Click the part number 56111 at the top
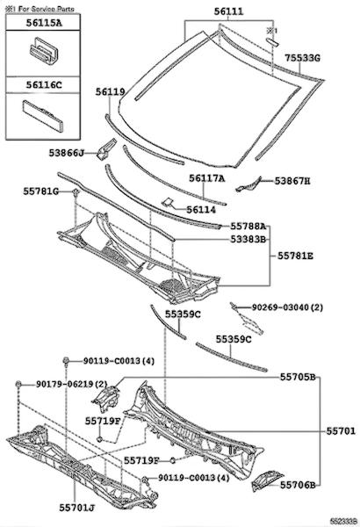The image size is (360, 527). pos(228,11)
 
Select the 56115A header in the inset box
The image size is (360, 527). pos(44,23)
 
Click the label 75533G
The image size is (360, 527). pos(303,58)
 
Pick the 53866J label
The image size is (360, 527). pos(67,153)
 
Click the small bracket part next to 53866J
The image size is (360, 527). pos(106,149)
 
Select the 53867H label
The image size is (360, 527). pos(292,181)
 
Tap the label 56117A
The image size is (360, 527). pos(206,178)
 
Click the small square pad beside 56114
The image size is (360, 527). pos(168,202)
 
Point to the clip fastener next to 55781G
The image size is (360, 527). pos(76,192)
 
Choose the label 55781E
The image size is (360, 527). pos(295,256)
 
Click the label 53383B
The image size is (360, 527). pos(248,239)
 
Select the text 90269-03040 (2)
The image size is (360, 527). pos(287,307)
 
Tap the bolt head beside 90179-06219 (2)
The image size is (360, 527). pos(18,384)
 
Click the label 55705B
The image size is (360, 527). pos(298,377)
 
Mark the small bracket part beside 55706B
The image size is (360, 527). pos(267,480)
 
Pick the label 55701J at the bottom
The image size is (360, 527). pos(77,508)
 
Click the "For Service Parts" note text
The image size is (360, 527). pos(46,9)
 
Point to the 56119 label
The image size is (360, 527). pos(111,91)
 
